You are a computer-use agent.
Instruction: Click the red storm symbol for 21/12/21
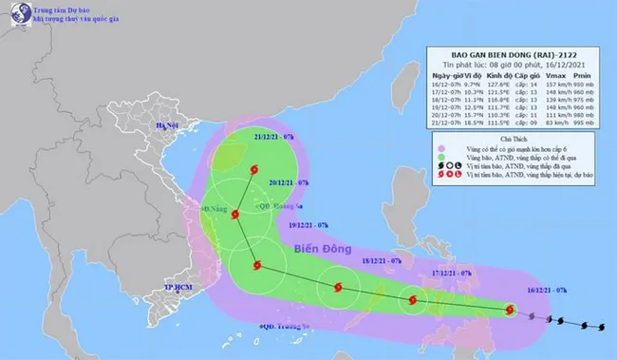pyautogui.click(x=252, y=171)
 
